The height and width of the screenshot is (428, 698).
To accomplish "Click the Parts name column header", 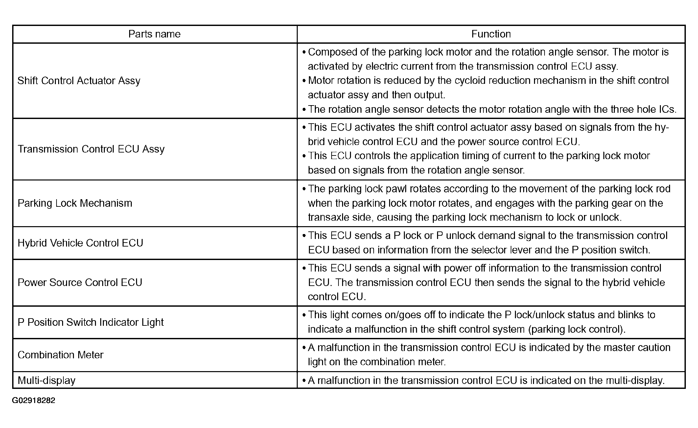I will (154, 34).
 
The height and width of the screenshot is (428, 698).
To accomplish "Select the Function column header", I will (491, 34).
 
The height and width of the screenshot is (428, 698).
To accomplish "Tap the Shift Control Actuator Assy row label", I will (79, 81).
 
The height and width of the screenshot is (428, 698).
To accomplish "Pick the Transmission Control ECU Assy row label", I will (91, 149).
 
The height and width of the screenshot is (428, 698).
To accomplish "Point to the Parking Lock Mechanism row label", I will (75, 203).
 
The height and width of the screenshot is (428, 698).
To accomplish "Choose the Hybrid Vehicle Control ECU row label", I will (81, 243).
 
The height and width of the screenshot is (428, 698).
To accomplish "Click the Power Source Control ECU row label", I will (80, 283).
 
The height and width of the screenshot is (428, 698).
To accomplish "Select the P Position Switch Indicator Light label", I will (91, 322).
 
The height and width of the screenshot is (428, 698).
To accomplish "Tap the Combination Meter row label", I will (60, 355).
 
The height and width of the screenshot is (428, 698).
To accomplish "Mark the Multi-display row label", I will (47, 381).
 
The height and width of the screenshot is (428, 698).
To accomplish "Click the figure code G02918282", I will (34, 400).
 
